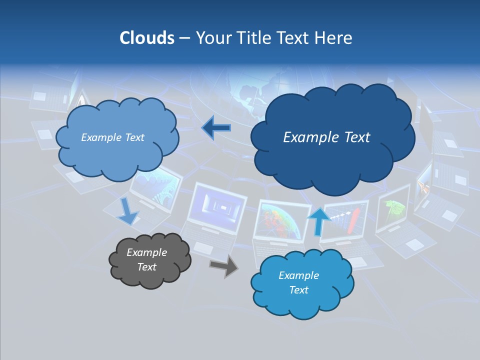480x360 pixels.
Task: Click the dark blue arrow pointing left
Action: tap(216, 128)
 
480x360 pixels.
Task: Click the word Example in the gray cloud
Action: tap(146, 252)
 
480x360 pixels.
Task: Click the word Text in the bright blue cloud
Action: tap(298, 290)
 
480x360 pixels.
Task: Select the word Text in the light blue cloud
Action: tap(133, 137)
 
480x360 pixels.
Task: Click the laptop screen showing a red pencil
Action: tap(345, 220)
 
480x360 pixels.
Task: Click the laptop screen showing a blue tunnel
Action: tap(216, 204)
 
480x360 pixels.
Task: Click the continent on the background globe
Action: tap(252, 95)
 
